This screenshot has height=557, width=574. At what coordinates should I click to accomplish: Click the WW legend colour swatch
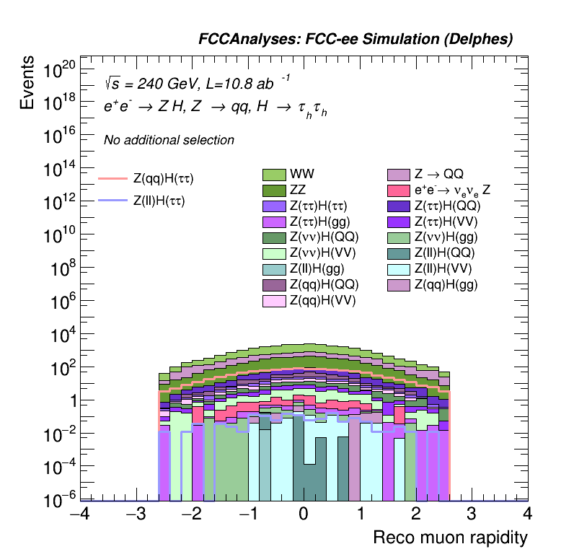coord(275,175)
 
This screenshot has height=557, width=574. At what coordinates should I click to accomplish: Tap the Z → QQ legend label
coord(438,175)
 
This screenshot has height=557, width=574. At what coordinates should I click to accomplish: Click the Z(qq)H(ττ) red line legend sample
coord(112,177)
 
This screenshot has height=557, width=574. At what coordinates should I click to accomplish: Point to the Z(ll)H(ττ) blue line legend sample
coord(112,201)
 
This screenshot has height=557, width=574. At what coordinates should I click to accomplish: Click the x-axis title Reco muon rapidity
coord(450,538)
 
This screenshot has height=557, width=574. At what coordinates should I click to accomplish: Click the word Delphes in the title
coord(483,40)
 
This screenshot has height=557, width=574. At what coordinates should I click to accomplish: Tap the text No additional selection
coord(169,140)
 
